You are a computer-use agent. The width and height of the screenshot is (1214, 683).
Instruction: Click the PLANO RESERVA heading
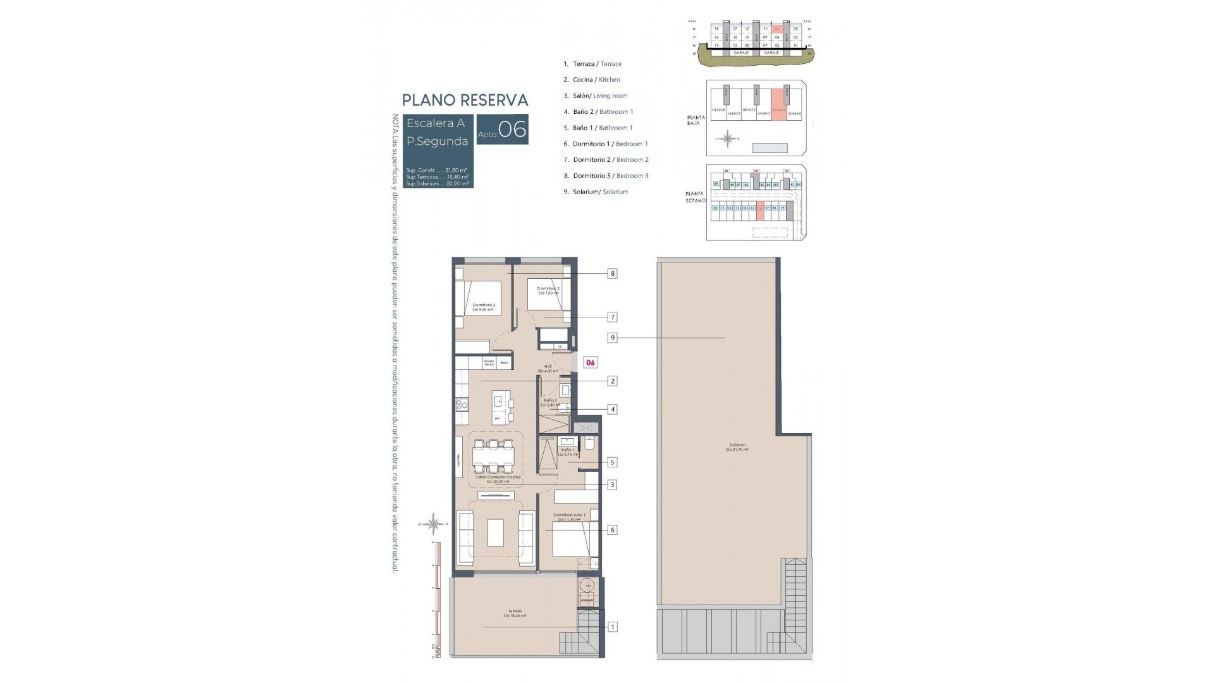pos(465,100)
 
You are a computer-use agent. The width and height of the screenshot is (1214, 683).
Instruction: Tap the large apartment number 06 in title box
pos(512,130)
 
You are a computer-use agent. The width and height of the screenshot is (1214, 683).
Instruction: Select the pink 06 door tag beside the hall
pos(590,362)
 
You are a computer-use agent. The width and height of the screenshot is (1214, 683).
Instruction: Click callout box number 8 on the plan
pos(612,274)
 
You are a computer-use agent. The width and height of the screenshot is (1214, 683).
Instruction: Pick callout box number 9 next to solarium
pos(612,338)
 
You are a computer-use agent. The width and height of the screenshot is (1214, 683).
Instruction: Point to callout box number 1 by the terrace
pos(612,627)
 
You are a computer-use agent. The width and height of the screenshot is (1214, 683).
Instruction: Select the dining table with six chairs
pos(493,455)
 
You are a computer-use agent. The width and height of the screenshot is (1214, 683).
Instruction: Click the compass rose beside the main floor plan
pos(434,524)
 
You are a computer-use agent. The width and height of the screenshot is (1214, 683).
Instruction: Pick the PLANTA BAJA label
pos(696,120)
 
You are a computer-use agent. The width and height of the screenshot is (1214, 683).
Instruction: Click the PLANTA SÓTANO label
pos(696,197)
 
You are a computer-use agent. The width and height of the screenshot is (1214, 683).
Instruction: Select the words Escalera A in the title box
pos(436,123)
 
